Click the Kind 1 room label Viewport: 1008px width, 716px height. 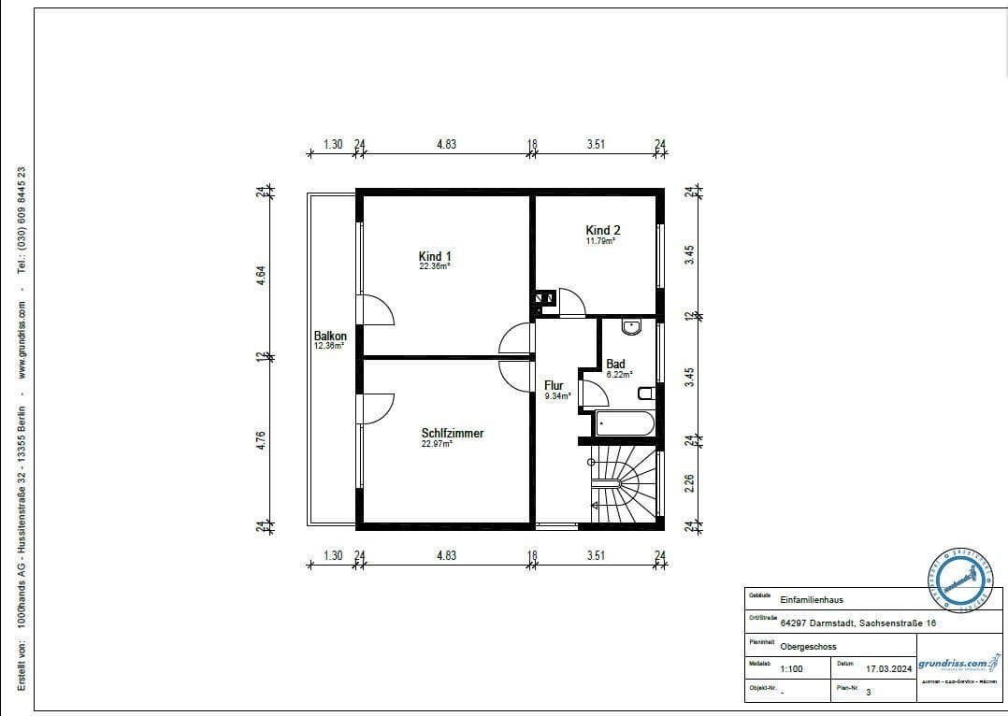click(x=435, y=256)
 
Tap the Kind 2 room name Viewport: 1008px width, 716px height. click(x=602, y=230)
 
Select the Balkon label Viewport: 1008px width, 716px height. click(x=330, y=337)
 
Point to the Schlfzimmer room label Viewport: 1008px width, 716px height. click(x=452, y=433)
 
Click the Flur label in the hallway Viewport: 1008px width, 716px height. click(x=554, y=385)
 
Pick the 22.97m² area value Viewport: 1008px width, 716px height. click(x=437, y=445)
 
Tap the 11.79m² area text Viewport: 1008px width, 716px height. click(x=600, y=241)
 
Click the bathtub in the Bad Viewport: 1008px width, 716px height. click(x=624, y=423)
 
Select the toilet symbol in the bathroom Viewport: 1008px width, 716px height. click(x=645, y=393)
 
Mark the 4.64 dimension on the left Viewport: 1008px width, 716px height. click(x=262, y=276)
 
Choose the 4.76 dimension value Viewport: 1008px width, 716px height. click(x=262, y=439)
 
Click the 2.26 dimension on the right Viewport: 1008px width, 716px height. click(x=689, y=483)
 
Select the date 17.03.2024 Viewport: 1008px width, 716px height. click(x=888, y=669)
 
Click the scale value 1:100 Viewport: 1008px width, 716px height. click(x=791, y=669)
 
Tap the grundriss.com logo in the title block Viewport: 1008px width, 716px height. click(x=952, y=665)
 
